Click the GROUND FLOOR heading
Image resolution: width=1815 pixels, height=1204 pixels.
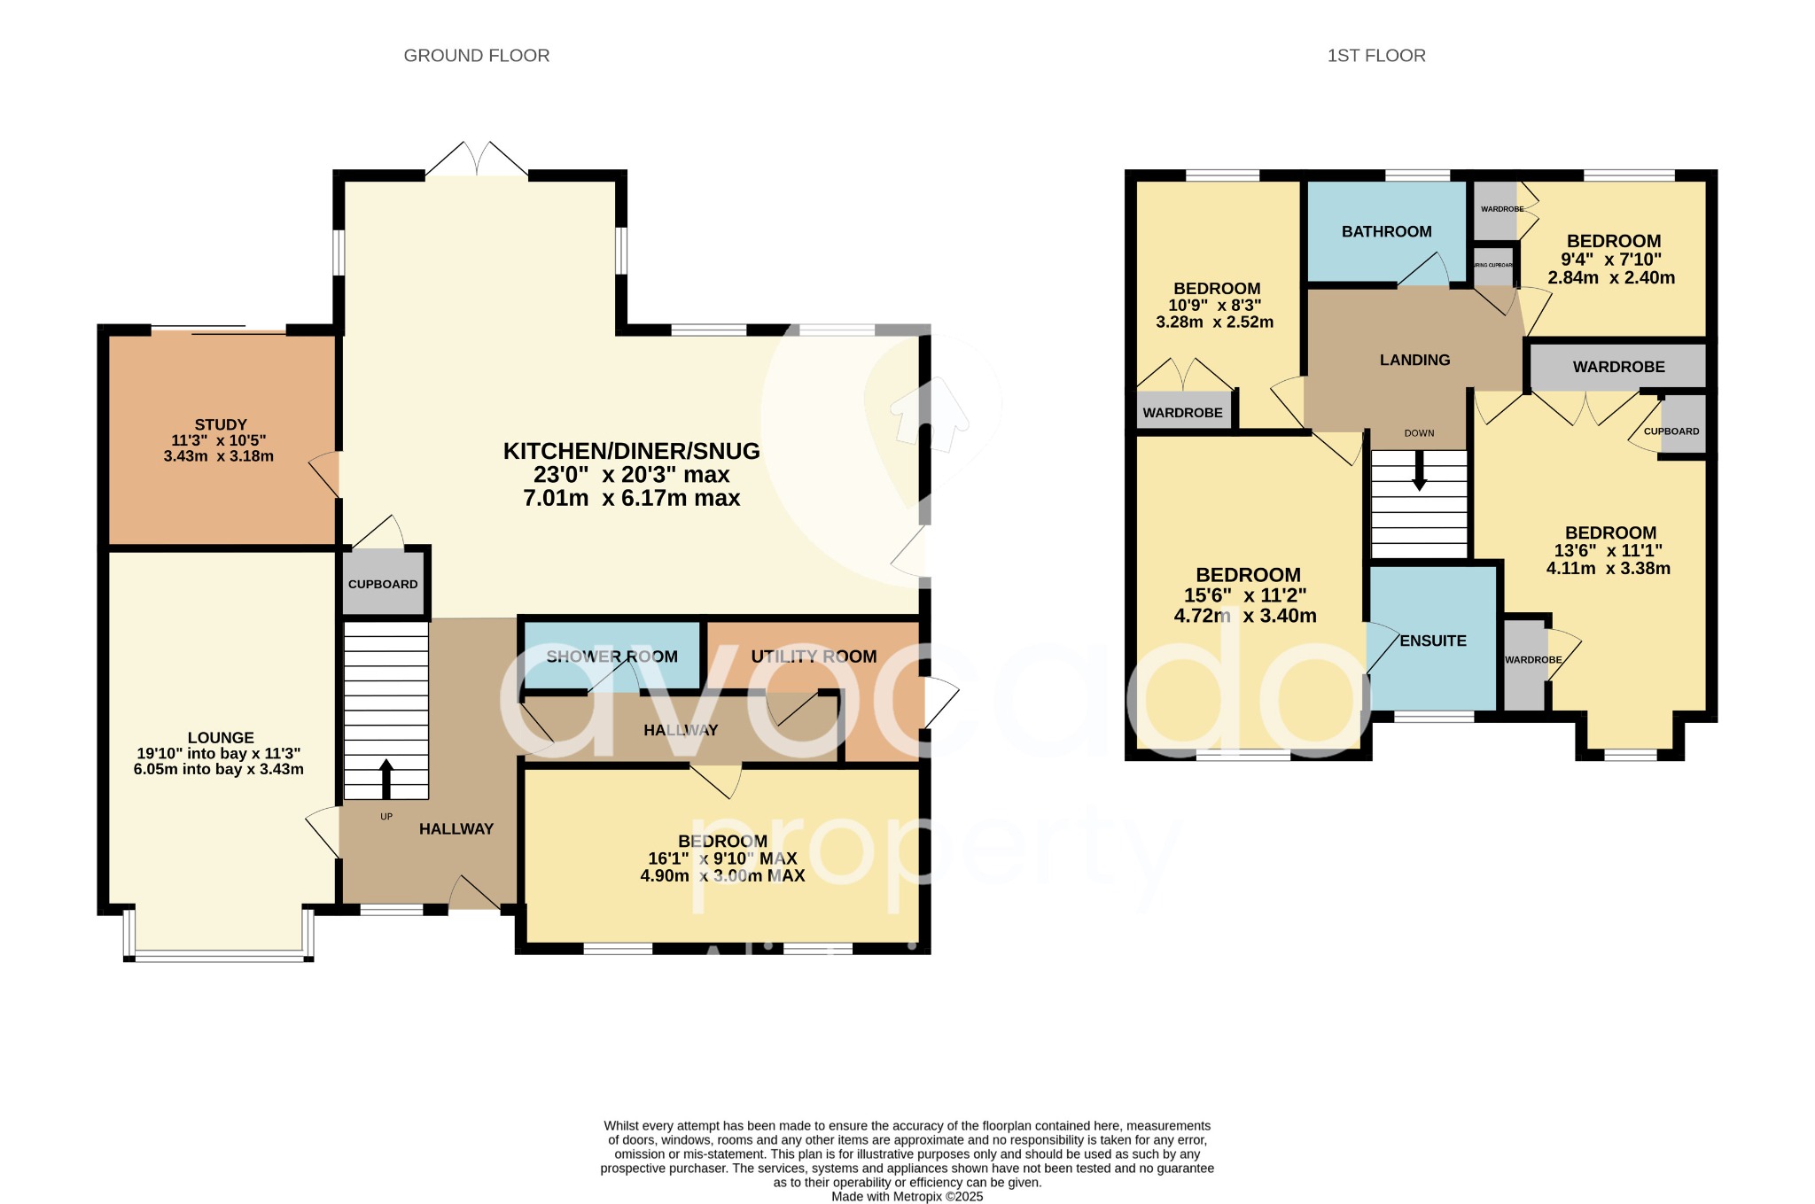tap(476, 56)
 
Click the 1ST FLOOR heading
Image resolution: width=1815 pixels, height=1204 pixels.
tap(1375, 56)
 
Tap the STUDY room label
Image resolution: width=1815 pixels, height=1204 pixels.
tap(221, 425)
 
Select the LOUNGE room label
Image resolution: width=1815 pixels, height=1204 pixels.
tap(221, 738)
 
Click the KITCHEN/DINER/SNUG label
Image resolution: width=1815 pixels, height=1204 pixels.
tap(631, 451)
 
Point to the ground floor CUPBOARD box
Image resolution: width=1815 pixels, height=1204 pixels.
tap(383, 585)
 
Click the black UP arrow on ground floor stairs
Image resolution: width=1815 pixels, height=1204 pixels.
tap(386, 778)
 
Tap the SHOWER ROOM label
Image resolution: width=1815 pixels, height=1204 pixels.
tap(611, 656)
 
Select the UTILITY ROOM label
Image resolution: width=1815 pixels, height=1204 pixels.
tap(814, 656)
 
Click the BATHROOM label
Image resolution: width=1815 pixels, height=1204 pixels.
tap(1386, 232)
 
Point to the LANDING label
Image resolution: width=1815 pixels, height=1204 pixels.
tap(1414, 360)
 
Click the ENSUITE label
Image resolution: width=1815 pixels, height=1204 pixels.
tap(1433, 641)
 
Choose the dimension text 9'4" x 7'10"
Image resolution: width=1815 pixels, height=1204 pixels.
tap(1611, 260)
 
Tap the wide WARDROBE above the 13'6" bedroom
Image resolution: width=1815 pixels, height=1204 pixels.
tap(1618, 367)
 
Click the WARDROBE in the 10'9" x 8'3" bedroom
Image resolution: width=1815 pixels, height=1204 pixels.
tap(1182, 413)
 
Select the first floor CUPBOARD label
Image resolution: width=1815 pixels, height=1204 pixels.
tap(1671, 431)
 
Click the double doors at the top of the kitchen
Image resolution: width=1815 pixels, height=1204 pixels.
tap(477, 160)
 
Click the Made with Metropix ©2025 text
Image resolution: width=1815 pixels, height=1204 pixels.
tap(907, 1196)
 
